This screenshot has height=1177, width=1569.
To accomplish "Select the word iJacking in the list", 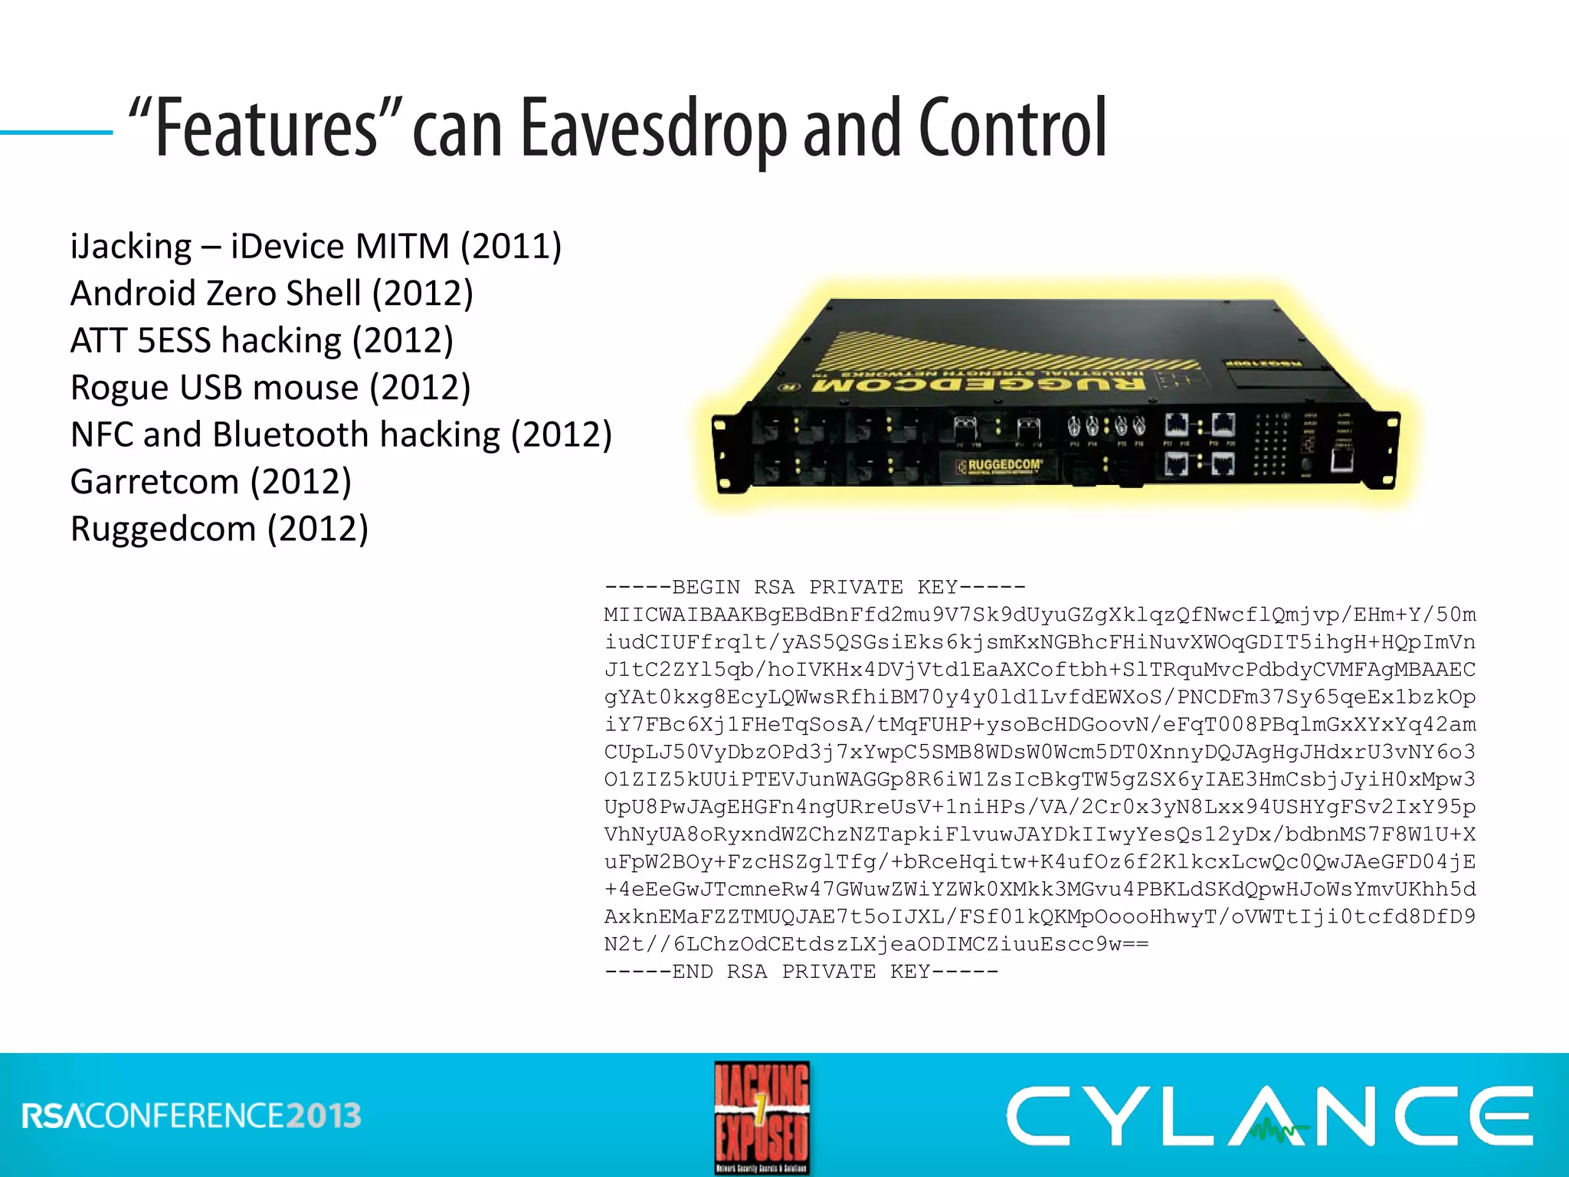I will point(131,247).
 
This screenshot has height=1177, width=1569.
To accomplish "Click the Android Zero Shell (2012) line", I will point(272,293).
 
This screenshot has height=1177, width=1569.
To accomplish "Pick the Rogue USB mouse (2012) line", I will point(270,388).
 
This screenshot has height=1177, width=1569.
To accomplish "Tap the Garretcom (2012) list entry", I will point(211,482).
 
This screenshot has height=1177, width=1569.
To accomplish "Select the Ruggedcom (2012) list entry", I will point(219,529).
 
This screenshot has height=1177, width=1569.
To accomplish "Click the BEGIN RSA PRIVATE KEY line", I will point(814,588).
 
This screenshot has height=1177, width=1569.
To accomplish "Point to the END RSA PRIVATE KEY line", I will point(801,972).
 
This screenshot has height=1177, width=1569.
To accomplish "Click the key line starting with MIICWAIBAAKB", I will point(1040,615).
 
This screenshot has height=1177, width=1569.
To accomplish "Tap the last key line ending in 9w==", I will point(876,944).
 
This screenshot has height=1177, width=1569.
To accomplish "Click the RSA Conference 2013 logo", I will point(192,1116).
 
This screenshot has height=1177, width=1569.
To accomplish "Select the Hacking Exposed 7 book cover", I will point(762,1117).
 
